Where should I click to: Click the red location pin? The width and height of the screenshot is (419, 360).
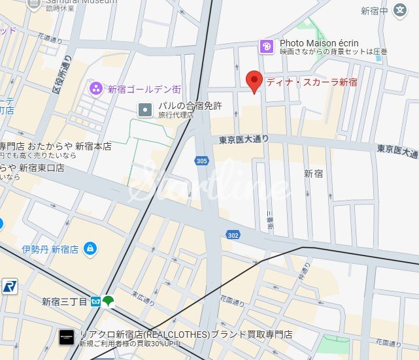(254, 81)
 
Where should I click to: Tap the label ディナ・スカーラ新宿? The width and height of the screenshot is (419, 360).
(310, 82)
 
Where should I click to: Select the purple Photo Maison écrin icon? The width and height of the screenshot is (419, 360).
(266, 46)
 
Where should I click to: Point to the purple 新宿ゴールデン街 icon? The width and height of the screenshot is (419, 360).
(96, 88)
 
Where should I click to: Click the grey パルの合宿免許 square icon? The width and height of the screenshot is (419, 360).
(144, 110)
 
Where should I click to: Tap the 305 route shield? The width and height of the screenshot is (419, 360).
(202, 160)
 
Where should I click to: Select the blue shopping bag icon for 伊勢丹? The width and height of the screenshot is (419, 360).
(90, 248)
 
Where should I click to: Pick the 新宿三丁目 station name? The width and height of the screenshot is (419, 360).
(64, 301)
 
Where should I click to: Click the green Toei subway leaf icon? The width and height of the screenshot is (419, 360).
(109, 301)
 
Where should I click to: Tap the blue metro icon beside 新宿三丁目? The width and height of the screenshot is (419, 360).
(95, 301)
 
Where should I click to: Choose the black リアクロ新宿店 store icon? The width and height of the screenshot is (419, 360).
(66, 334)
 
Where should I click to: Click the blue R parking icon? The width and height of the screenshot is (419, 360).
(8, 286)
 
